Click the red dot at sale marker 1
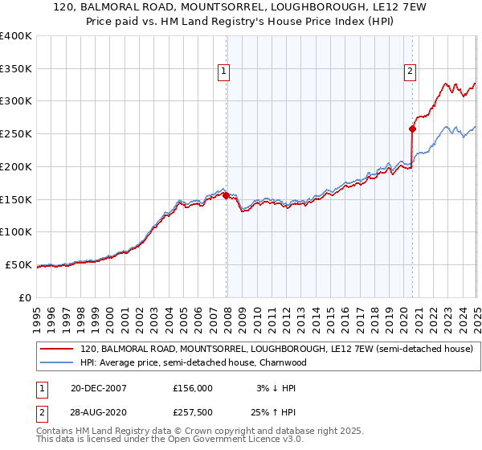coord(226,195)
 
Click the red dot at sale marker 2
coord(412,129)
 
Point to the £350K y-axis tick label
coord(16,68)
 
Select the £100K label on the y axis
coord(16,232)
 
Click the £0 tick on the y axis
coord(26,297)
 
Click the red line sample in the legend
coord(55,350)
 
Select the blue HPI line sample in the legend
coord(55,362)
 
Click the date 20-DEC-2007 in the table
coord(99,388)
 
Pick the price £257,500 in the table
coord(193,411)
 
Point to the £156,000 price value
coord(193,388)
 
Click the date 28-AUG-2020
coord(99,411)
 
